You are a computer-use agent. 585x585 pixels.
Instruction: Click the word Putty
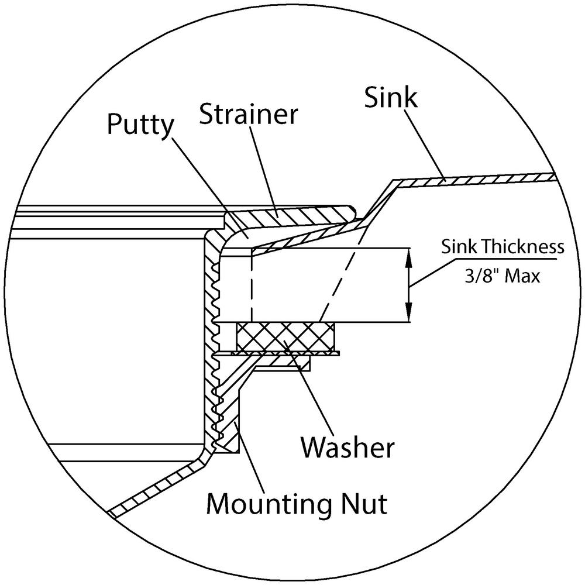pos(141,125)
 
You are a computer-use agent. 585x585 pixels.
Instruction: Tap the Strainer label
pos(248,114)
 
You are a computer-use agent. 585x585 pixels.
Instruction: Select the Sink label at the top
pos(391,98)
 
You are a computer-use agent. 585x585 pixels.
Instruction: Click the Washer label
pos(347,448)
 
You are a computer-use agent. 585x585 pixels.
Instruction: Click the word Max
pos(522,275)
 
